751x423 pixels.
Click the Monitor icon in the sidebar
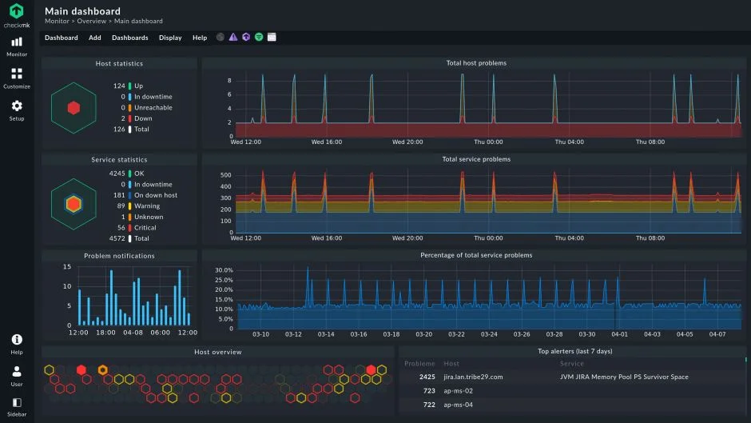tap(17, 42)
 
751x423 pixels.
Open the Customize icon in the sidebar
tap(17, 74)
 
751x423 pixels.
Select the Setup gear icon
tap(17, 106)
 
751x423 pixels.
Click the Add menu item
tap(95, 38)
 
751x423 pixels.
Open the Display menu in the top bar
tap(170, 38)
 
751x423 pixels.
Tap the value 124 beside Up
tap(119, 86)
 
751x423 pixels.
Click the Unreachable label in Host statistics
tap(153, 107)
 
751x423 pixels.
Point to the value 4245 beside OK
tap(116, 173)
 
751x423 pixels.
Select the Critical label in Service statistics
tap(145, 228)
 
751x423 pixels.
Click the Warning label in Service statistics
tap(147, 206)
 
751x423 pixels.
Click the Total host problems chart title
tap(476, 63)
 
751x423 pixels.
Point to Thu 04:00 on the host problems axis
tap(569, 142)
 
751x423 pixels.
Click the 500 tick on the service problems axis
tap(225, 174)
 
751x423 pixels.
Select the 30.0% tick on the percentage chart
tap(224, 270)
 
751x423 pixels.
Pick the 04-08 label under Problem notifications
tap(133, 333)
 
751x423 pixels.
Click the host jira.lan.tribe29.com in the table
tap(473, 377)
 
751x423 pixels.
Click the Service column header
tap(571, 364)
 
